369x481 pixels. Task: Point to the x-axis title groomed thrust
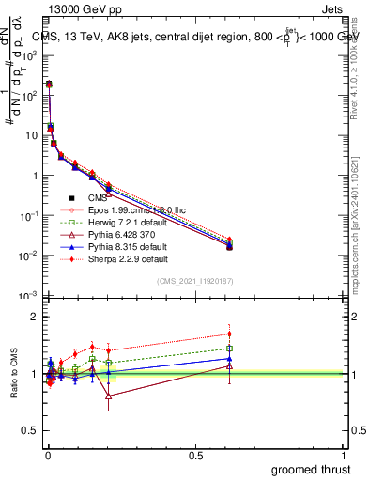tap(312, 469)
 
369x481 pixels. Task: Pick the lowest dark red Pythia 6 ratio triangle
tap(109, 396)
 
